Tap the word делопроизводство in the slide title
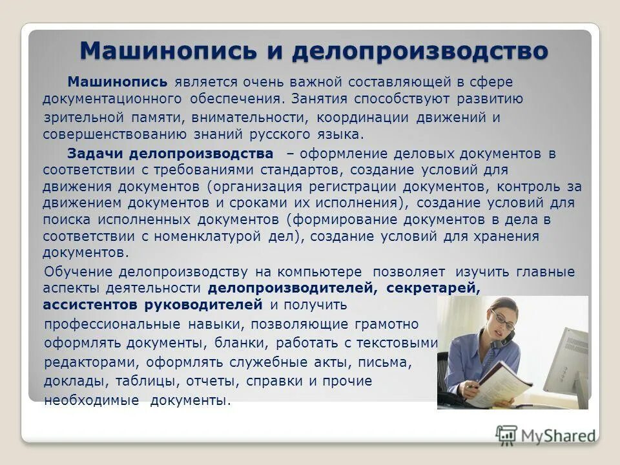(419, 50)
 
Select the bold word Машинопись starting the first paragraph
(118, 83)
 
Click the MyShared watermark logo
(546, 435)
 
